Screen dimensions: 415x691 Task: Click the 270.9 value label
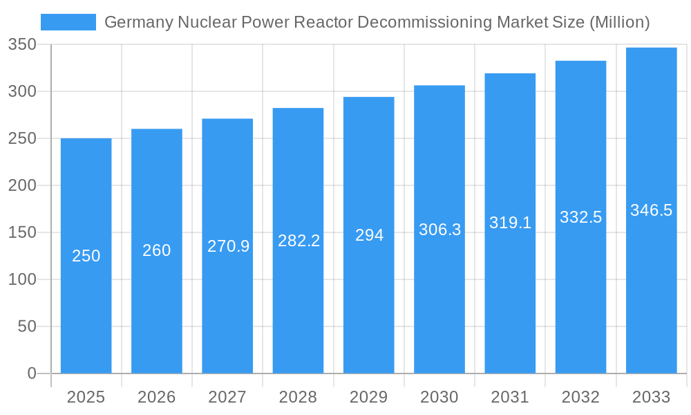pos(228,246)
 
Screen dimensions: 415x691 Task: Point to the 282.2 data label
pos(299,241)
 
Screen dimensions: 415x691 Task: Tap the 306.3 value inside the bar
pos(439,230)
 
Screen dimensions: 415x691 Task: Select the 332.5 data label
pos(580,217)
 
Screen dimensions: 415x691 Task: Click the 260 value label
pos(157,250)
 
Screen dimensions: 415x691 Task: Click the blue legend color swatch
pos(68,22)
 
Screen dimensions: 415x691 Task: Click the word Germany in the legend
pos(138,22)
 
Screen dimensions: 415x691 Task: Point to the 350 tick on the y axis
pos(22,45)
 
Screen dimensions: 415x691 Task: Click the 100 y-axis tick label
pos(22,279)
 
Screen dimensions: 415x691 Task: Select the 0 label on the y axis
pos(32,373)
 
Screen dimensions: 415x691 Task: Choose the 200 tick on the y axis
pos(22,185)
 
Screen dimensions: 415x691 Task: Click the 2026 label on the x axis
pos(157,397)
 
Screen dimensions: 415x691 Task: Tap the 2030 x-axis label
pos(439,397)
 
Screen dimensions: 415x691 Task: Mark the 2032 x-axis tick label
pos(580,397)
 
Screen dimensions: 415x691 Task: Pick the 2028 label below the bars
pos(299,397)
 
